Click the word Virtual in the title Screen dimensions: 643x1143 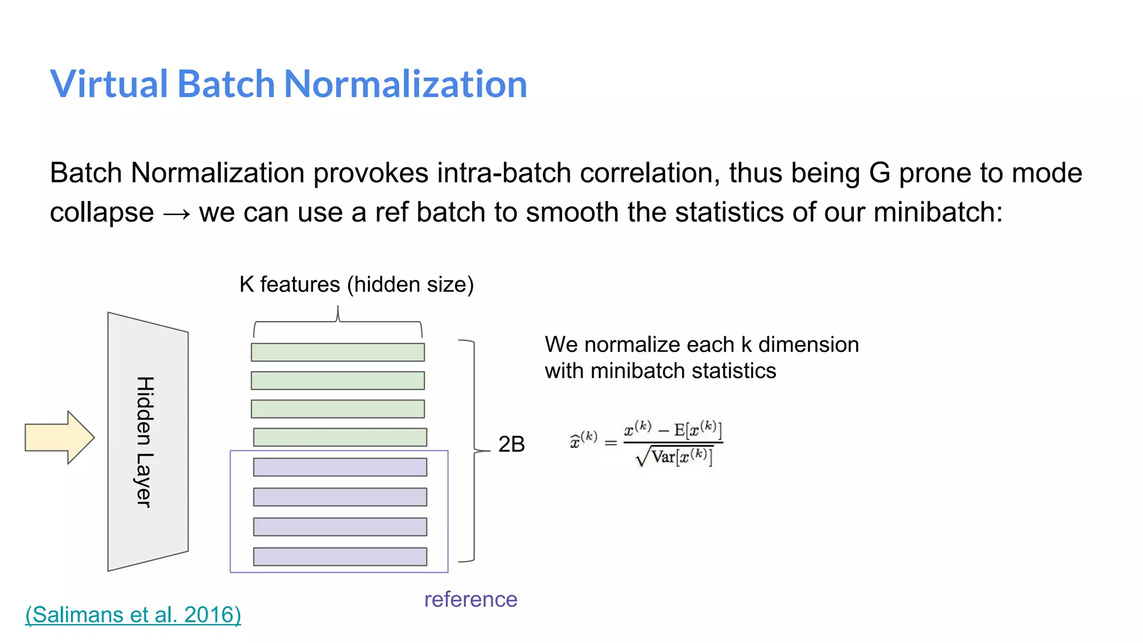tap(109, 84)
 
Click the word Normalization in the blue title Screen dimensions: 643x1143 tap(405, 84)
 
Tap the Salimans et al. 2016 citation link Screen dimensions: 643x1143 tap(133, 615)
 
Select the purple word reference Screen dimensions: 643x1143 tap(470, 599)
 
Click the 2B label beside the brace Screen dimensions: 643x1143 tap(511, 444)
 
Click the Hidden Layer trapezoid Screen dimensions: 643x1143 tap(147, 441)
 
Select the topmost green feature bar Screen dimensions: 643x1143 tap(338, 352)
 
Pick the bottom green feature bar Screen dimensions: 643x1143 tap(340, 437)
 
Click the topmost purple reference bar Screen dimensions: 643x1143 tap(340, 467)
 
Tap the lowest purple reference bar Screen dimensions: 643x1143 tap(340, 556)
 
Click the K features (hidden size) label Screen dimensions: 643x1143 tap(356, 285)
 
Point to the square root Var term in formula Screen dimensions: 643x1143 tap(674, 457)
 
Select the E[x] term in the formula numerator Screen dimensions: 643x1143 tap(698, 430)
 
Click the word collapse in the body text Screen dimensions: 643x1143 tap(102, 213)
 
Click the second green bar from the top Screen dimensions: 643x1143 tap(338, 381)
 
